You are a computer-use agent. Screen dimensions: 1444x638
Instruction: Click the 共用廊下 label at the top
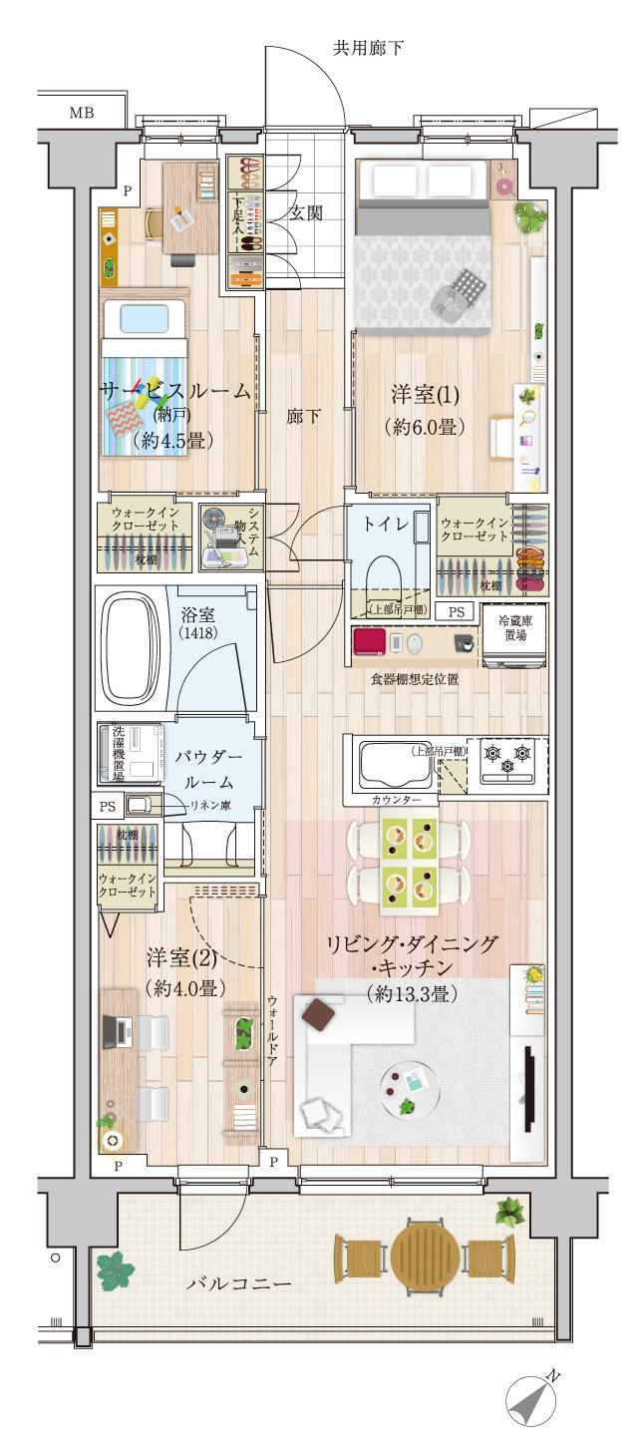[x=368, y=48]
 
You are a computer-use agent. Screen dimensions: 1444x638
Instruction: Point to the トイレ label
[x=387, y=526]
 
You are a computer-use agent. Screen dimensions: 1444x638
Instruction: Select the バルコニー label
[x=239, y=1283]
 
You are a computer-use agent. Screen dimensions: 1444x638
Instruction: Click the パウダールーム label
[x=210, y=771]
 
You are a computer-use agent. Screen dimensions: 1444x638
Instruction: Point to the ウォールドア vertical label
[x=271, y=1032]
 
